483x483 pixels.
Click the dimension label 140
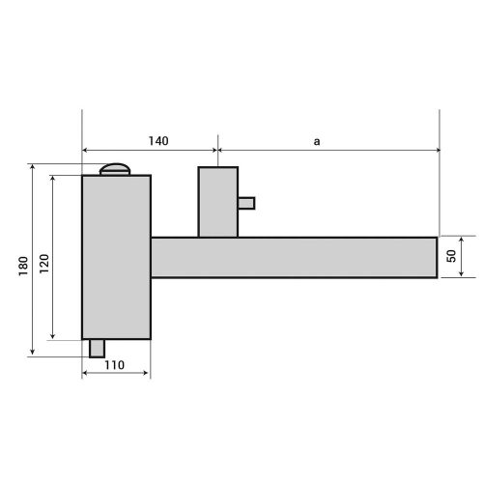(158, 141)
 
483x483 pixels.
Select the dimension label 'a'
(317, 142)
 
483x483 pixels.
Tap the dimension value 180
(23, 266)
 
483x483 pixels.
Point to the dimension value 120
(44, 264)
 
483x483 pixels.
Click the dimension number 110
(114, 365)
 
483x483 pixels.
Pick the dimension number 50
(451, 256)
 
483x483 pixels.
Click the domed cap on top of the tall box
(115, 169)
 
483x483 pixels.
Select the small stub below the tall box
(97, 349)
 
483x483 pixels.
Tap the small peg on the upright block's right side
(246, 203)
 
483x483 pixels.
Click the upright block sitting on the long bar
(218, 202)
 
